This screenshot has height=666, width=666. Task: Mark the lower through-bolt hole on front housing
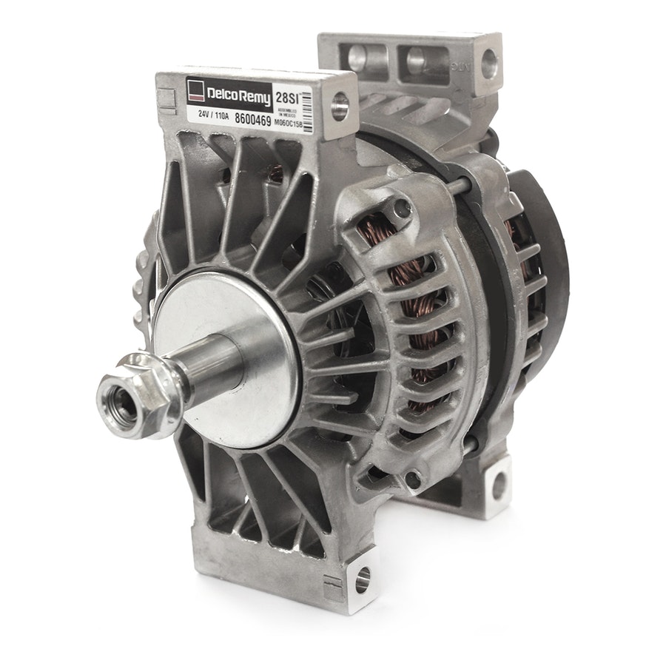[x=413, y=482]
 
